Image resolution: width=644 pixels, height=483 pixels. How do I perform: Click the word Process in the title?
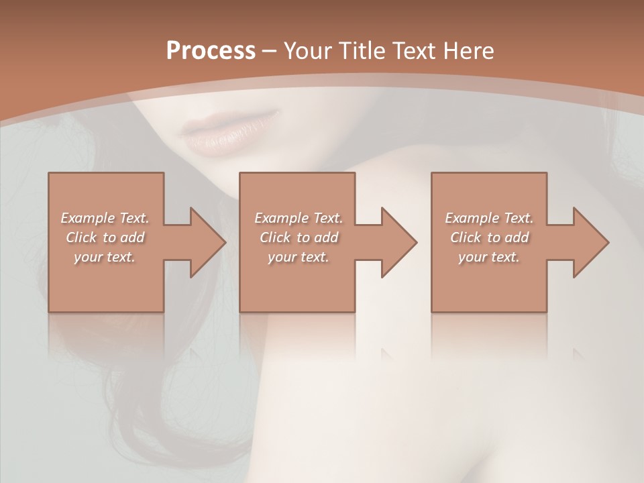pyautogui.click(x=211, y=51)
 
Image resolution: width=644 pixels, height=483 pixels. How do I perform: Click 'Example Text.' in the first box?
pyautogui.click(x=105, y=218)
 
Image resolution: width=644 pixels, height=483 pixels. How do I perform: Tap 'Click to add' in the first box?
pyautogui.click(x=105, y=237)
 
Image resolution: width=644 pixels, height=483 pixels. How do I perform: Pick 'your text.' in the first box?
pyautogui.click(x=105, y=257)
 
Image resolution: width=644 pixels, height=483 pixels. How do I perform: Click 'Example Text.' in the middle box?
pyautogui.click(x=299, y=218)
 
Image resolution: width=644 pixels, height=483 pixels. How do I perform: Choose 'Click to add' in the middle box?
pyautogui.click(x=299, y=237)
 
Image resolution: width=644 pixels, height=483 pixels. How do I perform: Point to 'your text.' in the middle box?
pyautogui.click(x=299, y=257)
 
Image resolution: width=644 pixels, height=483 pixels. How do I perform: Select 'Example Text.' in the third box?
pyautogui.click(x=489, y=218)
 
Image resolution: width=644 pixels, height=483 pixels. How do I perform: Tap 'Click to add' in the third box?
pyautogui.click(x=489, y=237)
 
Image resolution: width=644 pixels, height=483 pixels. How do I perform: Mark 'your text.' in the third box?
pyautogui.click(x=489, y=257)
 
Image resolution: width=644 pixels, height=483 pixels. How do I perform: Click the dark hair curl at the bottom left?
pyautogui.click(x=134, y=429)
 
